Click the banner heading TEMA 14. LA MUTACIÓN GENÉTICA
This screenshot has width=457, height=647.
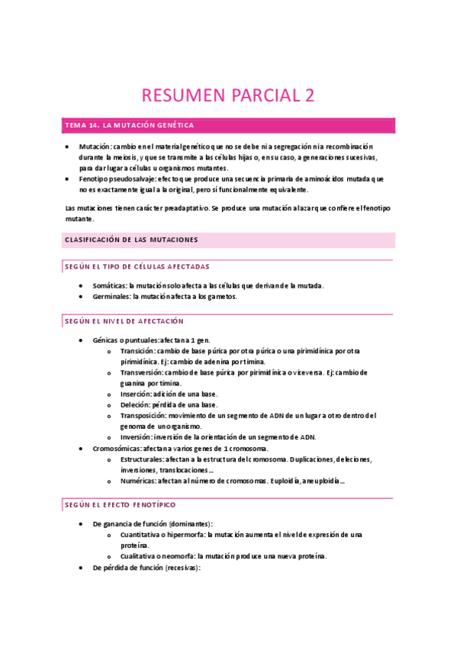(x=130, y=124)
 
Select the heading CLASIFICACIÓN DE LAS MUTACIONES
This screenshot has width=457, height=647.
(x=131, y=240)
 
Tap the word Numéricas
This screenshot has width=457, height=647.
(x=138, y=481)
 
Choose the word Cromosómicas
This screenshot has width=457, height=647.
(x=117, y=449)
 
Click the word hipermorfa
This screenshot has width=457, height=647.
(x=181, y=535)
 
